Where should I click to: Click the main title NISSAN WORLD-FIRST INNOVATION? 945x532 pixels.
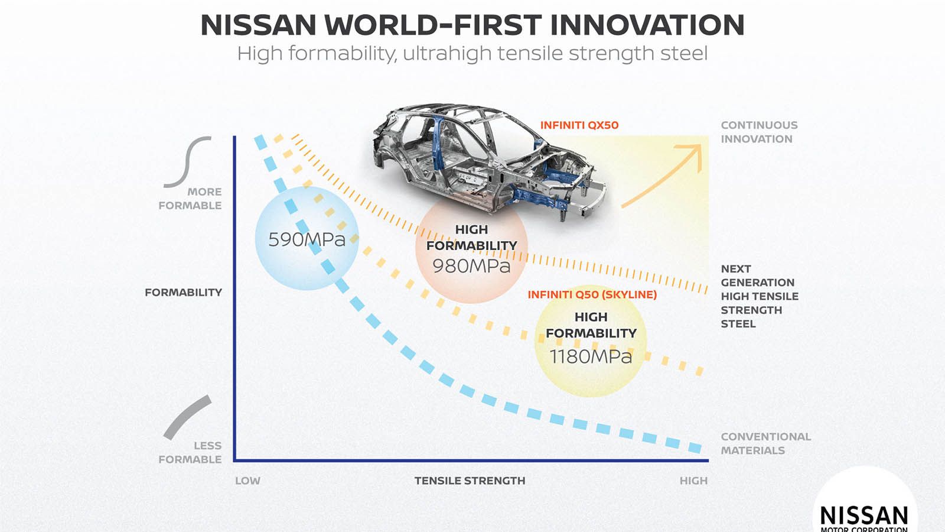click(x=472, y=25)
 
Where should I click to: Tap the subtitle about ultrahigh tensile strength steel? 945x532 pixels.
click(x=472, y=54)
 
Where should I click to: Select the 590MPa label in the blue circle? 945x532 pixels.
click(x=307, y=239)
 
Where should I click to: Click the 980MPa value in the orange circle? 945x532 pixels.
click(x=471, y=266)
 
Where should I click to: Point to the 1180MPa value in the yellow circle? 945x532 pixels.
click(x=591, y=356)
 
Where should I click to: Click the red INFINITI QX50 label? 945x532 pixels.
click(x=579, y=125)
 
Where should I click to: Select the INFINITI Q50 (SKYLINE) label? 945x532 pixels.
click(x=592, y=294)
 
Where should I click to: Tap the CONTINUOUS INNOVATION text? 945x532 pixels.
click(x=758, y=132)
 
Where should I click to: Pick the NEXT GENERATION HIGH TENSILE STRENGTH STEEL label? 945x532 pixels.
click(x=758, y=296)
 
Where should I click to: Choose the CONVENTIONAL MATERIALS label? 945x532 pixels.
click(x=765, y=443)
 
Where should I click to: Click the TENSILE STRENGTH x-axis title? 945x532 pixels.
click(x=470, y=481)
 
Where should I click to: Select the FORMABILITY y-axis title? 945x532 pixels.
click(x=183, y=292)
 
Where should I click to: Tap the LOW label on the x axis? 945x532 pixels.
click(x=247, y=481)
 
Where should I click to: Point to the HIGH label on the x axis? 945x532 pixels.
click(x=693, y=481)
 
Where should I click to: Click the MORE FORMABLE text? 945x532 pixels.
click(x=190, y=199)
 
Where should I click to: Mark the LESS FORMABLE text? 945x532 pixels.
click(x=190, y=452)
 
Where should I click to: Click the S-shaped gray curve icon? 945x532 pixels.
click(x=187, y=162)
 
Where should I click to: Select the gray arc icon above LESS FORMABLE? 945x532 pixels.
click(x=187, y=417)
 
